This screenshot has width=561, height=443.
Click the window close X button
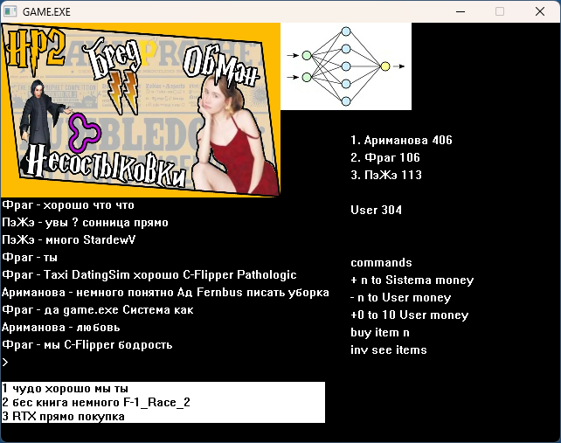click(540, 11)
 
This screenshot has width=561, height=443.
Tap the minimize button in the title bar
click(461, 12)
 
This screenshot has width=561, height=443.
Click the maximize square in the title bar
click(500, 11)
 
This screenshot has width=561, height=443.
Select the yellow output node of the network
click(385, 66)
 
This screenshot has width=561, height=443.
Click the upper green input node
click(307, 55)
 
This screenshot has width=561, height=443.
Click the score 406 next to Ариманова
click(442, 140)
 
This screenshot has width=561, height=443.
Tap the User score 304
click(391, 210)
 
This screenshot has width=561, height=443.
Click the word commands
click(381, 263)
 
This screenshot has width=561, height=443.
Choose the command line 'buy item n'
click(380, 333)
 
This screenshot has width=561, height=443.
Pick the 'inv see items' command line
click(389, 350)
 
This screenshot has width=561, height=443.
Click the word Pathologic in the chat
click(267, 275)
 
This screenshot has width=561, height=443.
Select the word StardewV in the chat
click(109, 239)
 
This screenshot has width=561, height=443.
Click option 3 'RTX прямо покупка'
click(64, 417)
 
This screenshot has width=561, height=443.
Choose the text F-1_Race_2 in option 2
click(156, 403)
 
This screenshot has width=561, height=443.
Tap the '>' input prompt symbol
click(5, 363)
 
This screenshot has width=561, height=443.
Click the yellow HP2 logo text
click(35, 49)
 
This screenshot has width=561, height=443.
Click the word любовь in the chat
click(99, 328)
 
